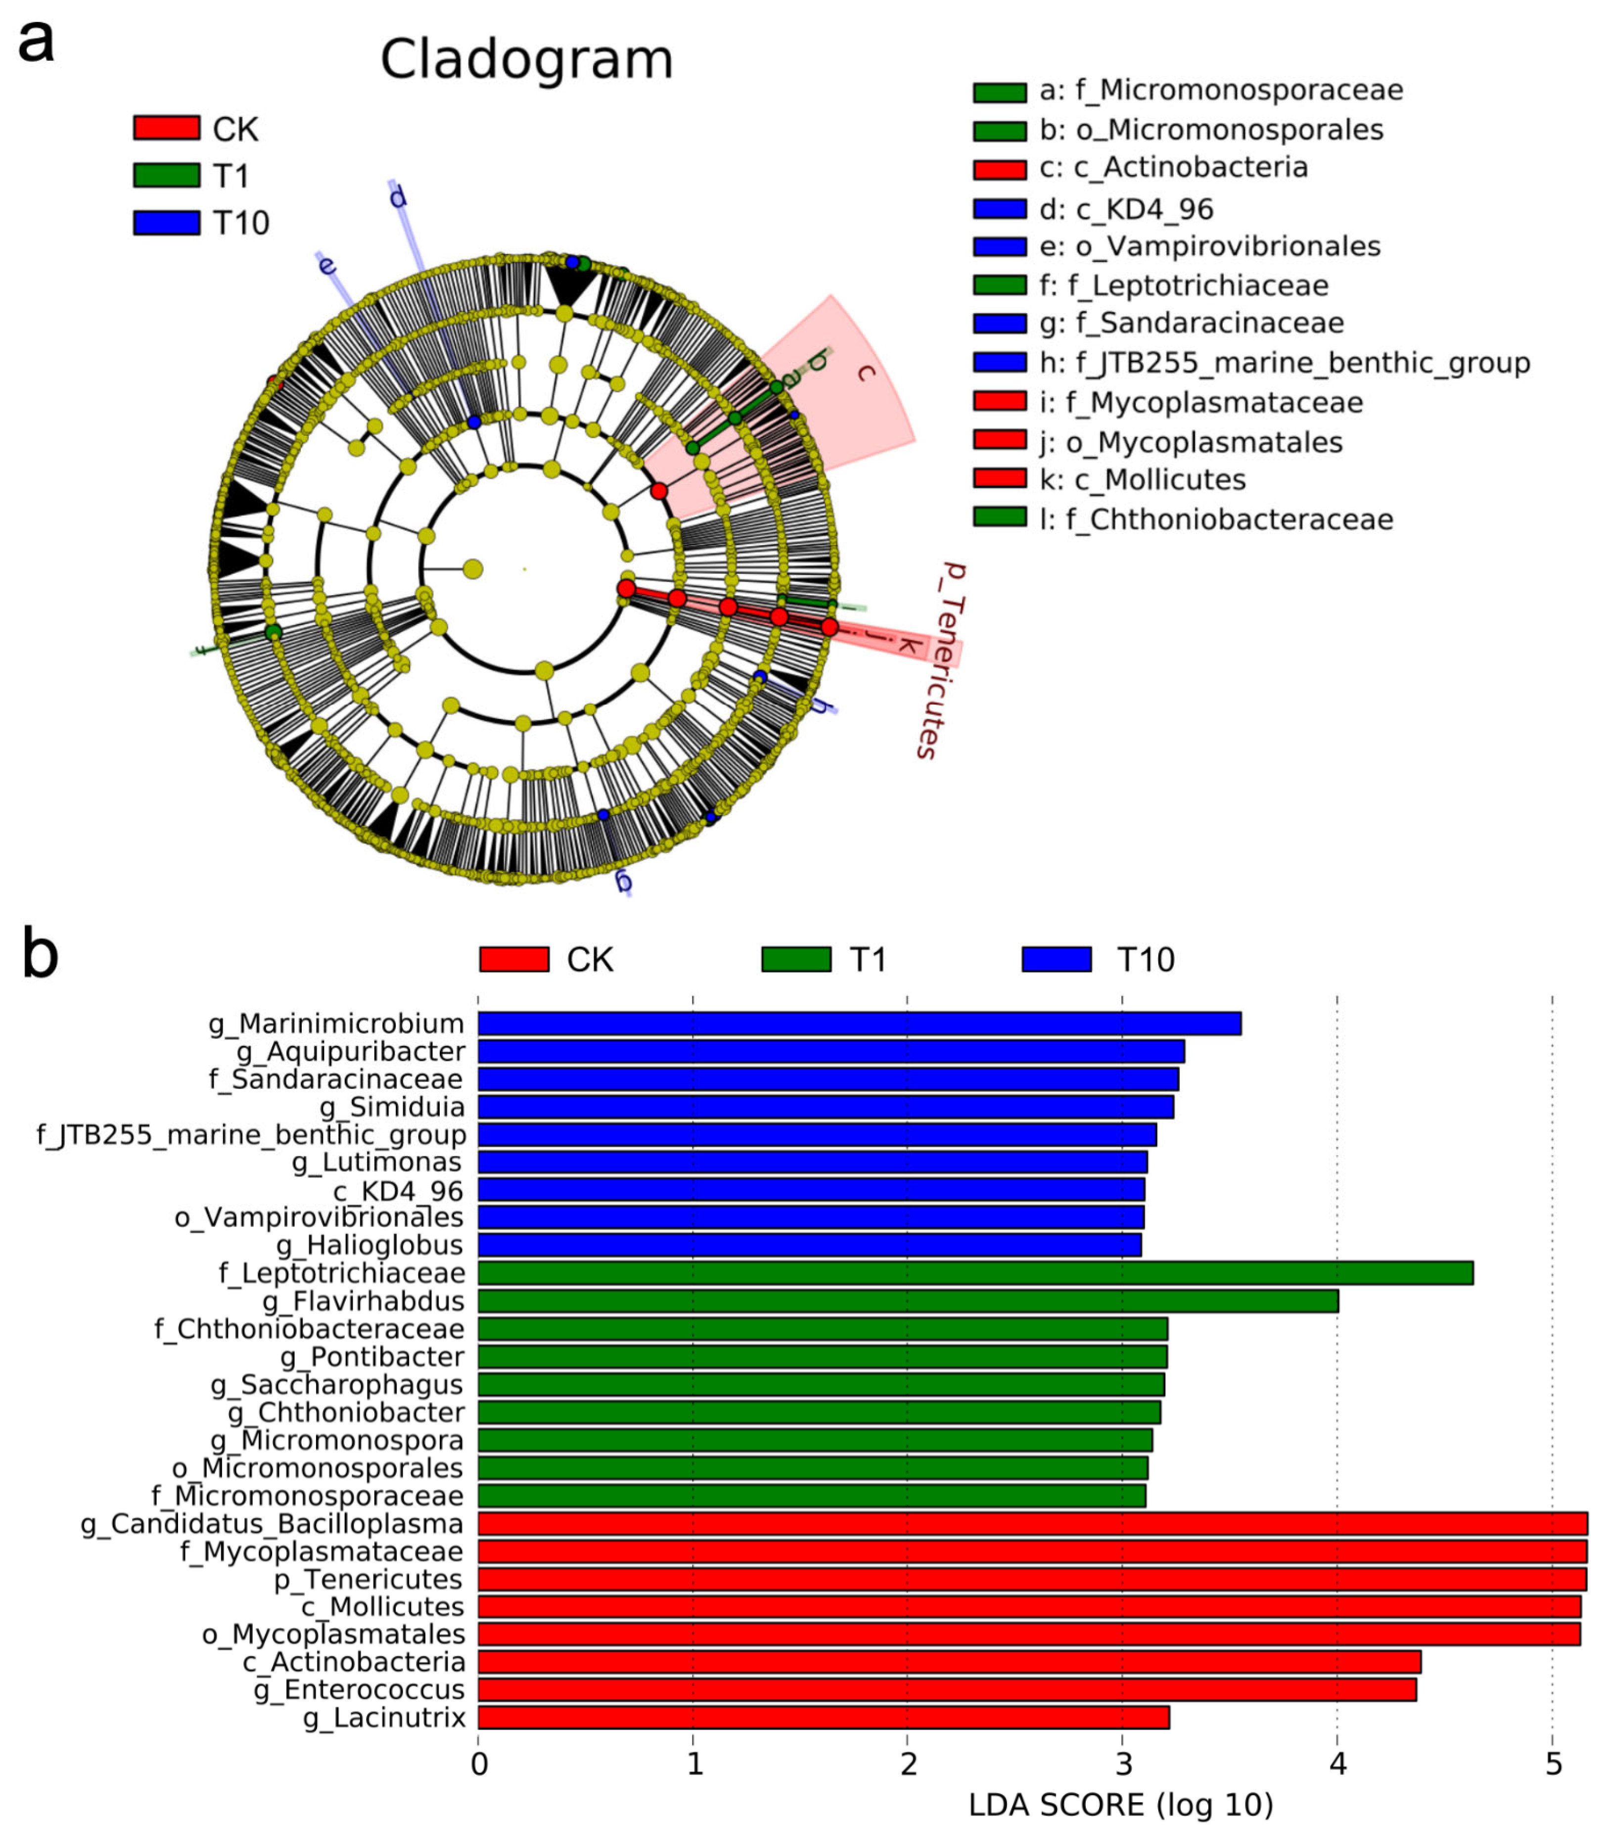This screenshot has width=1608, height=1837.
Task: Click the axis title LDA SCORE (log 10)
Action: pos(1121,1805)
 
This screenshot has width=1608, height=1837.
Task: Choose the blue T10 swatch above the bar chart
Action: pos(1056,959)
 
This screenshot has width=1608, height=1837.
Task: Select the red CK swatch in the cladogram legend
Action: pos(166,128)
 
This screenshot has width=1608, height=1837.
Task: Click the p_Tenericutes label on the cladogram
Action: pos(940,659)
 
